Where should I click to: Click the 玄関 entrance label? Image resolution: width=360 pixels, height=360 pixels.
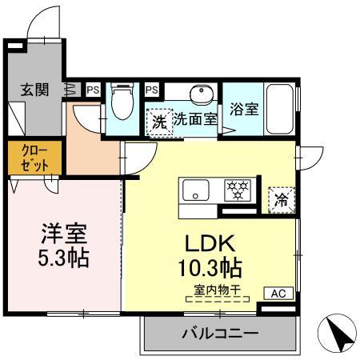35,90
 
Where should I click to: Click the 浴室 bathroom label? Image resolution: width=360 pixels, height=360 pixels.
243,110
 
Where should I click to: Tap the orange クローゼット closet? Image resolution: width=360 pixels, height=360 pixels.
30,158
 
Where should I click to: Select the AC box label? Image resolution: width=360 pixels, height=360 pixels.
277,294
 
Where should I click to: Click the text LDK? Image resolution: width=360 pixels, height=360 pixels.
210,242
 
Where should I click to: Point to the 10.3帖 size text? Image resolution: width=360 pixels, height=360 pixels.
210,266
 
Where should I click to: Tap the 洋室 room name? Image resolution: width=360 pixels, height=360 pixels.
64,234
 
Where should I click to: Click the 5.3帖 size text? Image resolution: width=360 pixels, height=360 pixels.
64,259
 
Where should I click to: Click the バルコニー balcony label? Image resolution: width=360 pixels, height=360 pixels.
219,332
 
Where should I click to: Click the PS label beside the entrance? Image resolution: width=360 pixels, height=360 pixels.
94,90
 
